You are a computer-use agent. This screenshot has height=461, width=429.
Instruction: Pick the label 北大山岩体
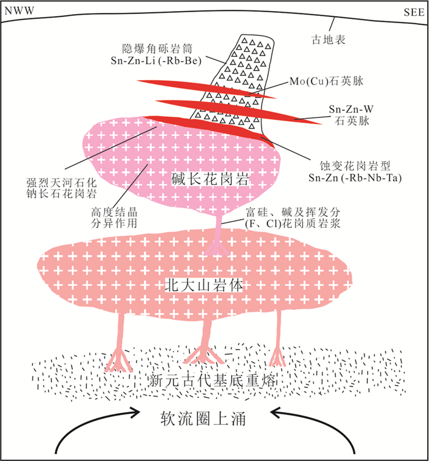pyautogui.click(x=197, y=283)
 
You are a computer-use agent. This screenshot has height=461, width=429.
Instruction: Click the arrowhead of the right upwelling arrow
pyautogui.click(x=277, y=413)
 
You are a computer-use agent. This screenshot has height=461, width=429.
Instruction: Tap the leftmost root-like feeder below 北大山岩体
pyautogui.click(x=121, y=346)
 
